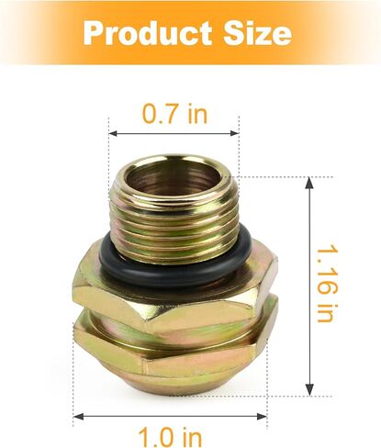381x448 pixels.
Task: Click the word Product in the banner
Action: coord(147,33)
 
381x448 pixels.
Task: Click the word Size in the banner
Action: coord(257,33)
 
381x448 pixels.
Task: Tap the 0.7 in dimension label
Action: coord(174,114)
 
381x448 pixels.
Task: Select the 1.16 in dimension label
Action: coord(326,284)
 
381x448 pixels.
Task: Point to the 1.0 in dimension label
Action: coord(170,437)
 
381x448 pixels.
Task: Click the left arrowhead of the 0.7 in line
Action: coord(113,133)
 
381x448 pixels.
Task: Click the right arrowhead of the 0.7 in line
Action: coord(235,133)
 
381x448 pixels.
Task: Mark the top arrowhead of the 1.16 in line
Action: coord(309,183)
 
